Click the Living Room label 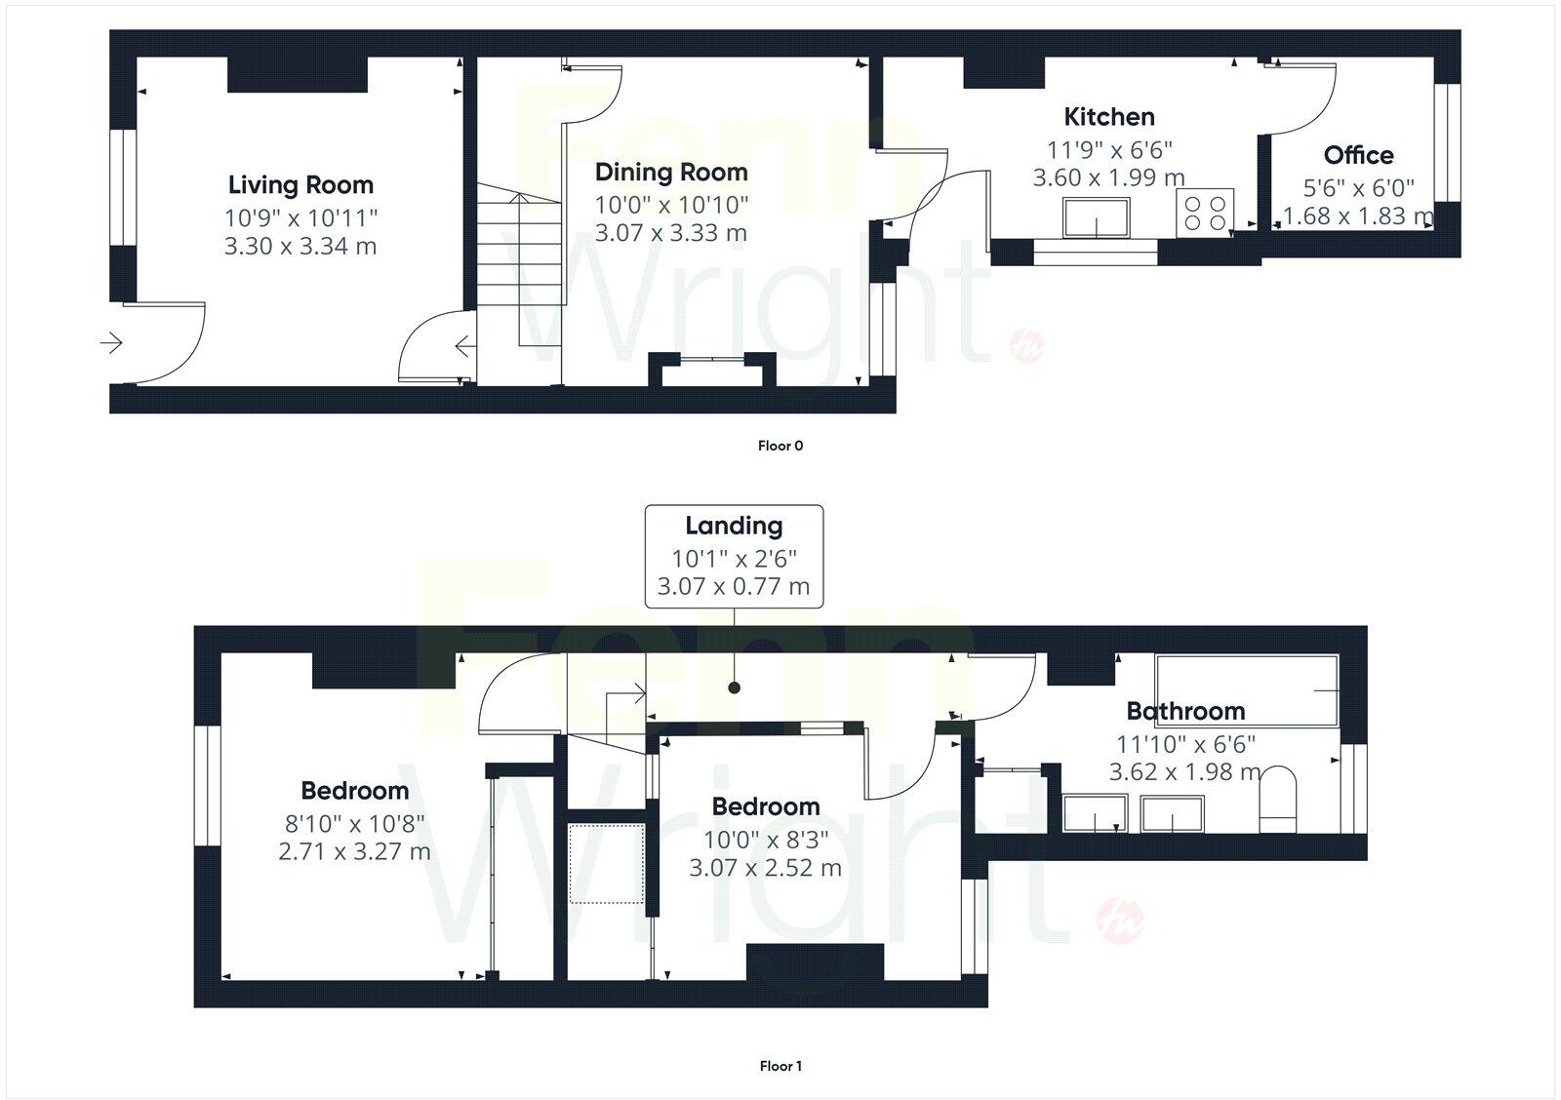[x=300, y=185]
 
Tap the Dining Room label [x=671, y=173]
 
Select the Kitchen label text [x=1108, y=117]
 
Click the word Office [x=1358, y=155]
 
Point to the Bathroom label [x=1185, y=711]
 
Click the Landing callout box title [x=734, y=527]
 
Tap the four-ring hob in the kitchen [x=1205, y=213]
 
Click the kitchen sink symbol [x=1097, y=216]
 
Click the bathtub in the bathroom [x=1246, y=690]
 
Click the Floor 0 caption [x=780, y=446]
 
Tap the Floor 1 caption [x=780, y=1066]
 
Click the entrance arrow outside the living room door [x=110, y=342]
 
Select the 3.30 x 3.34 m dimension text [x=300, y=247]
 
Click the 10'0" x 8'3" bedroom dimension [x=765, y=839]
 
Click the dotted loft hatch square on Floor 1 [x=603, y=863]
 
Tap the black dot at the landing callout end [x=734, y=687]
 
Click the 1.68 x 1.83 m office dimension [x=1357, y=216]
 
